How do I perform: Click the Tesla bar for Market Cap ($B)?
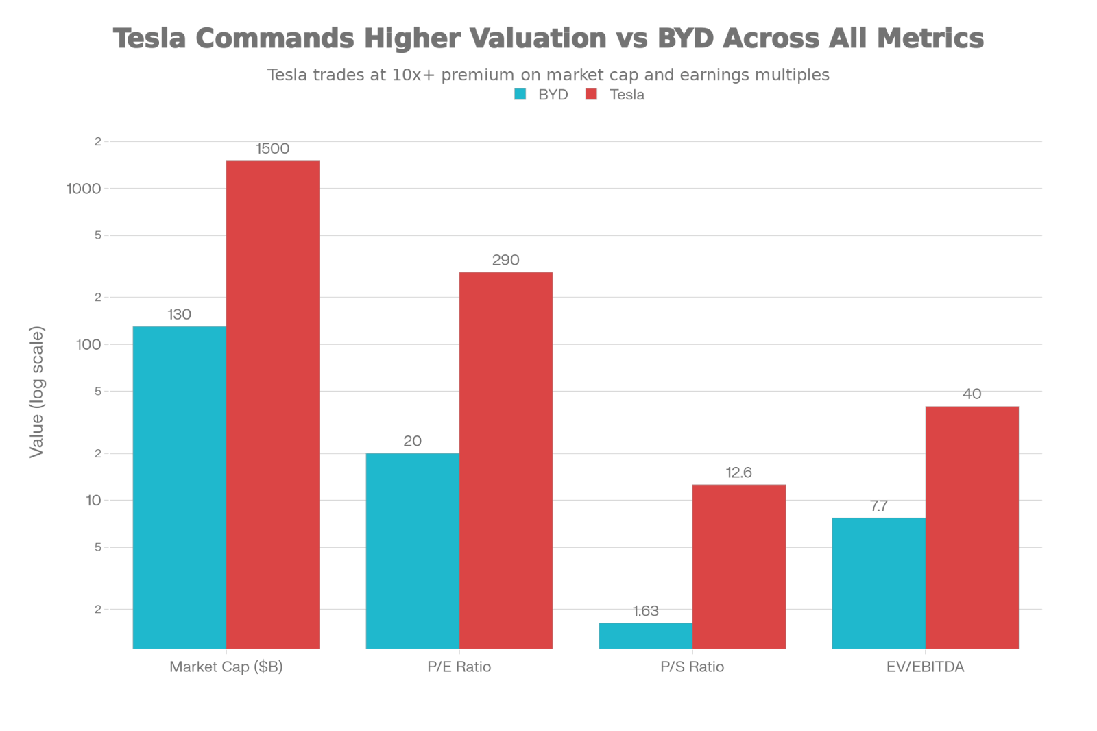(273, 405)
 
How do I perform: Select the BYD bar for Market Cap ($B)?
(179, 487)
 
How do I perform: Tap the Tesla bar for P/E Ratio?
(506, 460)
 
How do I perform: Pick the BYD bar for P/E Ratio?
(412, 551)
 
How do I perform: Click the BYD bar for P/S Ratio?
(645, 636)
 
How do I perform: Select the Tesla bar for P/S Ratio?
(739, 566)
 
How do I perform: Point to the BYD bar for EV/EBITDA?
(878, 583)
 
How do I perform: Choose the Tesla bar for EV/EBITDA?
(972, 527)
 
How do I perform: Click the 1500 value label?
(273, 149)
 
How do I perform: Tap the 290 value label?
(506, 261)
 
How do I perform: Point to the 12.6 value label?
(739, 473)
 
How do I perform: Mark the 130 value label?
(179, 315)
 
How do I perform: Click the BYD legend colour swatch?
(521, 95)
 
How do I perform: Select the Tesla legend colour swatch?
(592, 95)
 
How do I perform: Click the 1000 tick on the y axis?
(83, 189)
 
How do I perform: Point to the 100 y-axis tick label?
(88, 344)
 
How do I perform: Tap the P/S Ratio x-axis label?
(692, 667)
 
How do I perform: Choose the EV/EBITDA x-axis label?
(925, 667)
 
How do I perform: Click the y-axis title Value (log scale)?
(37, 392)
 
